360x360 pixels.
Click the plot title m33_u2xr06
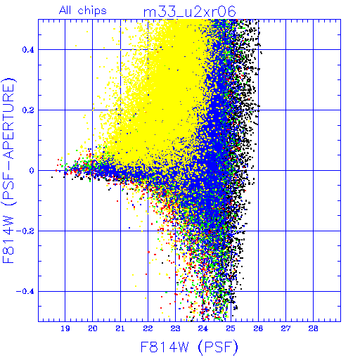(x=190, y=12)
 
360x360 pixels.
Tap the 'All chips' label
(x=83, y=11)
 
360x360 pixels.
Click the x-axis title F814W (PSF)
(x=189, y=347)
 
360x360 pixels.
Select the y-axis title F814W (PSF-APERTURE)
(x=9, y=171)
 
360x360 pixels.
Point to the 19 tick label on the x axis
(x=65, y=328)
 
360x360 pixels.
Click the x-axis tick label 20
(x=93, y=328)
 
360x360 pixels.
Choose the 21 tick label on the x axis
(x=120, y=328)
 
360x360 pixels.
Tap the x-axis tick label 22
(x=148, y=328)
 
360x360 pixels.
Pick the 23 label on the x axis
(x=176, y=328)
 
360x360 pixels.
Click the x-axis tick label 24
(x=203, y=328)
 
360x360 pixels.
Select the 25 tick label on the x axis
(x=231, y=328)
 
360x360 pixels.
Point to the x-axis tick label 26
(x=258, y=328)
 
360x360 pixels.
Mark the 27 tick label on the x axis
(x=285, y=328)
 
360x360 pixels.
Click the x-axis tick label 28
(x=314, y=328)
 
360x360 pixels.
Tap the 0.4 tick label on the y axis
(x=28, y=50)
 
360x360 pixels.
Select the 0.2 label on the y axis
(x=28, y=110)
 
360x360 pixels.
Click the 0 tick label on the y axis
(x=32, y=171)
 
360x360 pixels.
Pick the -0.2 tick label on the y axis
(x=25, y=231)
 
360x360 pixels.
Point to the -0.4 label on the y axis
(x=25, y=292)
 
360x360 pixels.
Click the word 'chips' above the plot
(x=92, y=11)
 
